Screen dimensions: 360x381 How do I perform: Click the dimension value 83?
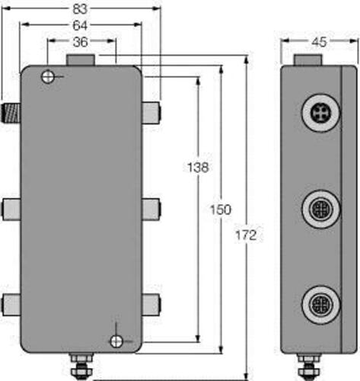tap(80, 9)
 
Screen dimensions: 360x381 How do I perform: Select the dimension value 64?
tap(80, 25)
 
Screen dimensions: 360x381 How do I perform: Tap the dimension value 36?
tap(80, 42)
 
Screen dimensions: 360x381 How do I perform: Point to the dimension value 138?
tap(198, 168)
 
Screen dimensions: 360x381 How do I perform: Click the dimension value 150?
tap(221, 210)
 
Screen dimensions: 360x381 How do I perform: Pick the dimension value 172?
tap(246, 235)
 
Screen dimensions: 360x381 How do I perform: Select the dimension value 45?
tap(319, 42)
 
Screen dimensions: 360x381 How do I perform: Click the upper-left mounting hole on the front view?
tap(48, 77)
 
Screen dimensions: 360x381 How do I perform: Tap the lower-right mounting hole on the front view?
tap(116, 341)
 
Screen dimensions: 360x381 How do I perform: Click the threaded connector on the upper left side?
tap(11, 113)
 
